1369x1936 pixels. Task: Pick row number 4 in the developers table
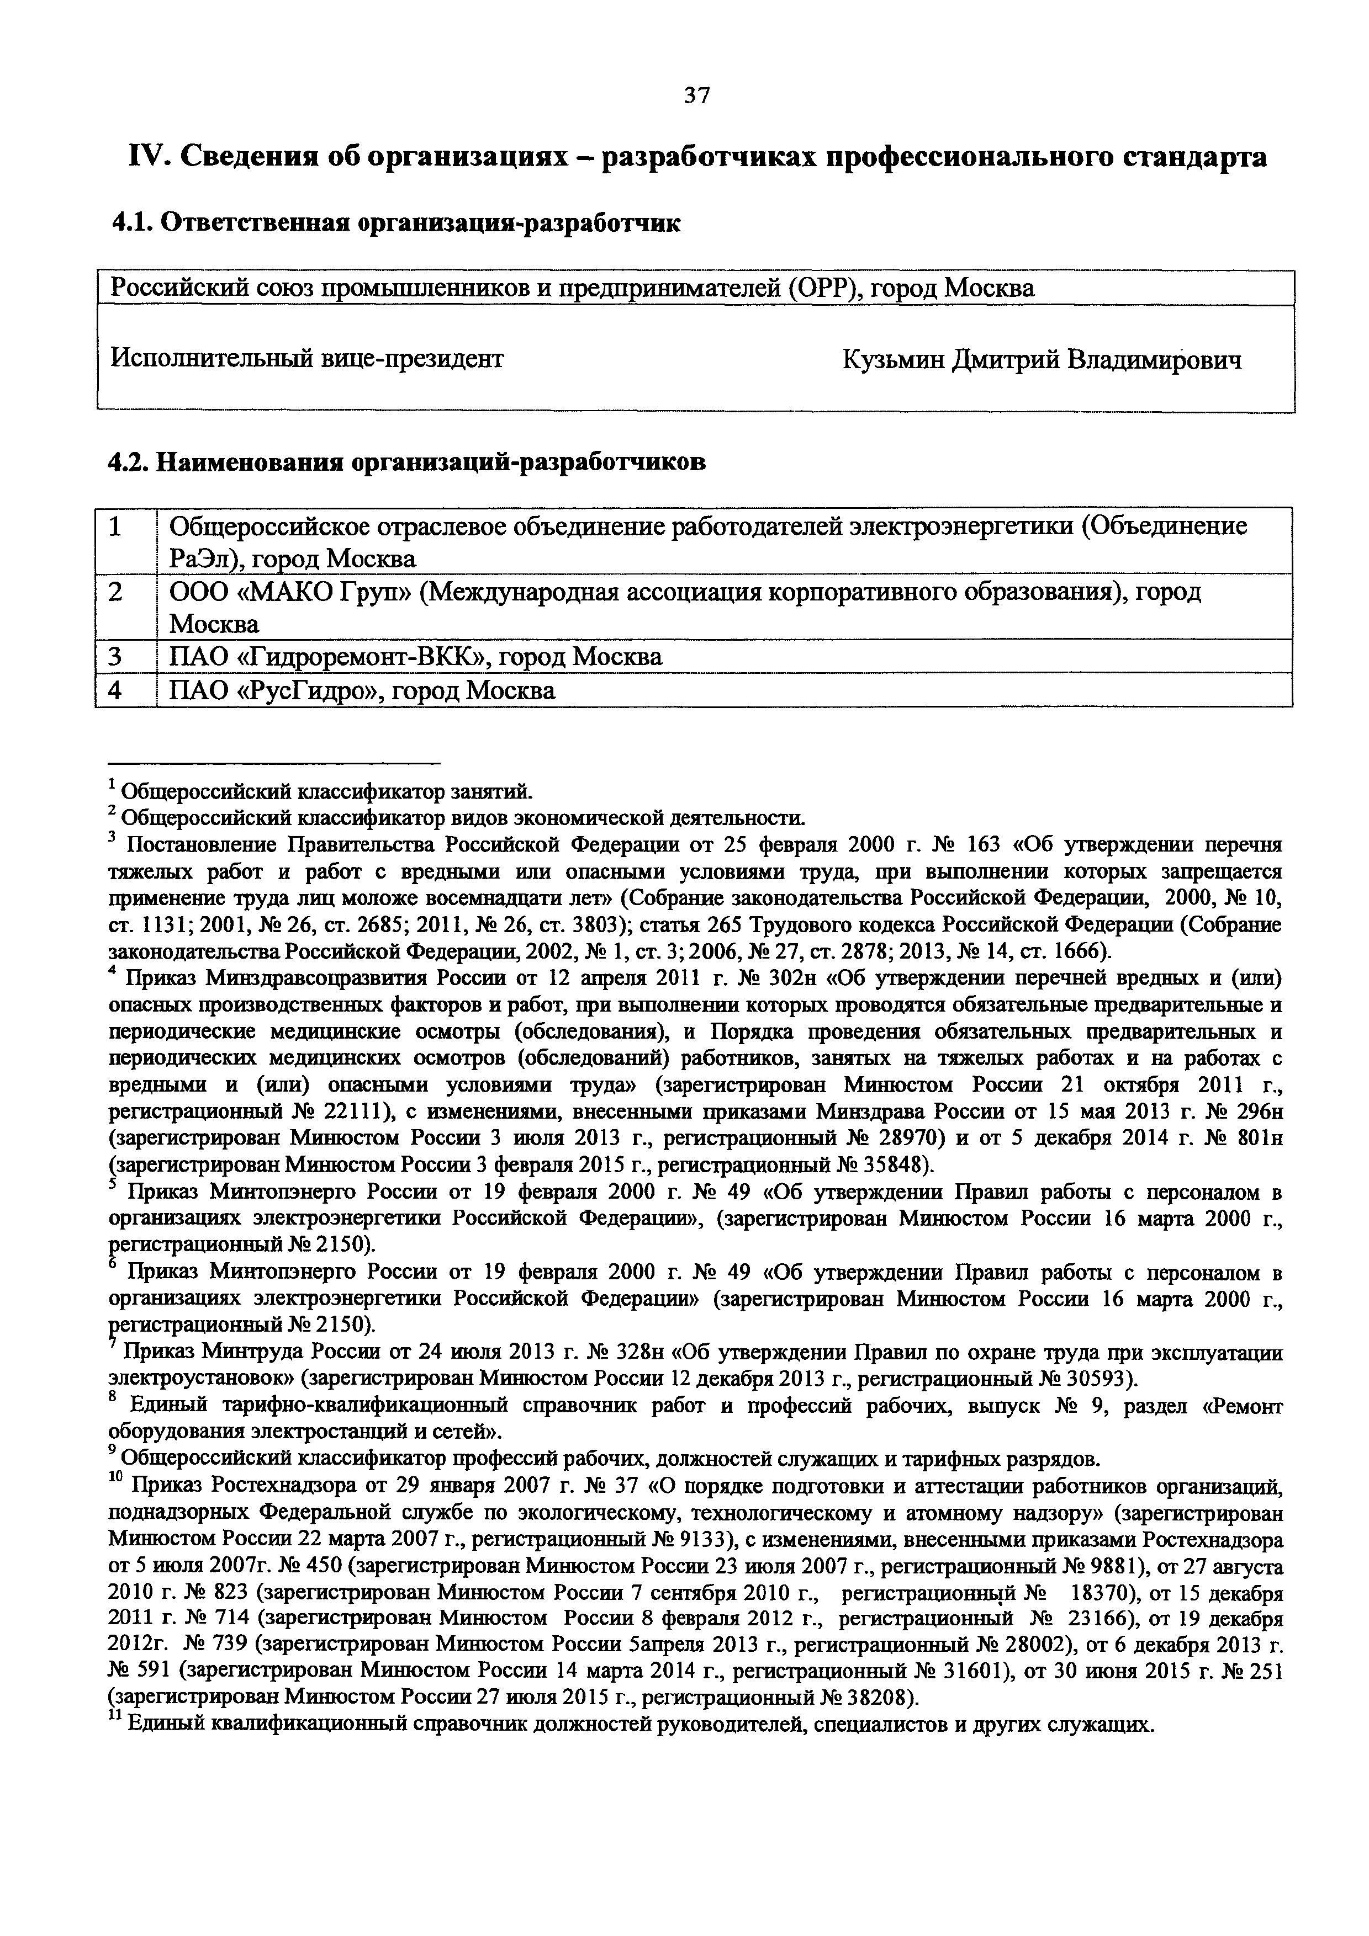point(115,690)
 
